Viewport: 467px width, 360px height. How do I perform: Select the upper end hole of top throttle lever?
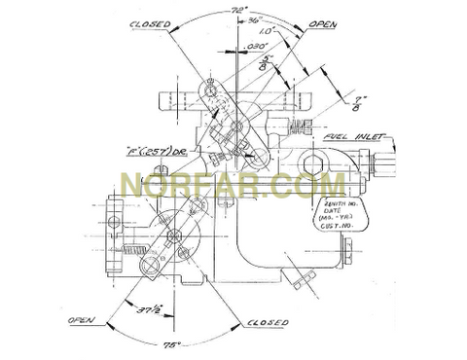coord(208,91)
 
